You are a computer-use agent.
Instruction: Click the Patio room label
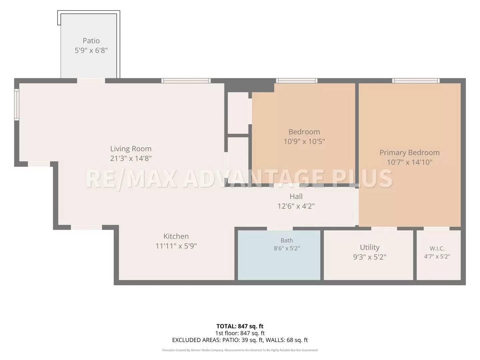pos(91,41)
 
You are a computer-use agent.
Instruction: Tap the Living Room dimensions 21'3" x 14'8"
pos(131,158)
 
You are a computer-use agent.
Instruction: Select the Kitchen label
pos(176,236)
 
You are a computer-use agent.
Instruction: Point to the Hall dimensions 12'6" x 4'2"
pos(296,206)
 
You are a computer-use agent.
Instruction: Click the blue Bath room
pos(279,255)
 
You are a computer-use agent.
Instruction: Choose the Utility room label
pos(370,247)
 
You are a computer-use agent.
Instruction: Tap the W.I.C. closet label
pos(437,249)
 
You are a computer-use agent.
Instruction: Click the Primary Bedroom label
pos(410,152)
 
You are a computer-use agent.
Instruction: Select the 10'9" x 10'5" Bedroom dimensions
pos(304,141)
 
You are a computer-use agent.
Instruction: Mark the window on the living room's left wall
pos(17,104)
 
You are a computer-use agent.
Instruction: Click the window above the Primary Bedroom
pos(416,81)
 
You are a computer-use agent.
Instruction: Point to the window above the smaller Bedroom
pos(297,81)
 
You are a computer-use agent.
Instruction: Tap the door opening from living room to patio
pos(91,81)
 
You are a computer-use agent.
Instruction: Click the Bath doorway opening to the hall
pos(280,228)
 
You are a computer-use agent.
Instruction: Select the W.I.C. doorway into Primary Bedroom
pos(436,228)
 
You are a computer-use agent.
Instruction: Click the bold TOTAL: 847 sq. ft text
pos(240,326)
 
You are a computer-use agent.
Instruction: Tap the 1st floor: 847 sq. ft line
pos(240,333)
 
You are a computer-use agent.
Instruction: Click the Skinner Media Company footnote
pos(240,350)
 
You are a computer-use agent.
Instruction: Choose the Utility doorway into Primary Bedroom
pos(384,228)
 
